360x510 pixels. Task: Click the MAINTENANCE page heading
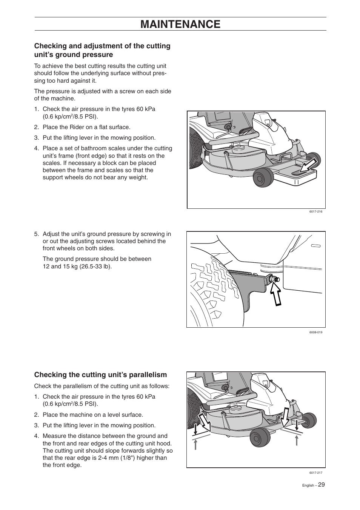(x=180, y=24)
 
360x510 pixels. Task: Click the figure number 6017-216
(x=315, y=212)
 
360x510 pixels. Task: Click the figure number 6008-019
(x=315, y=333)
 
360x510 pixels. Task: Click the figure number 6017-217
(x=315, y=473)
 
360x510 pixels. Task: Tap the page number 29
(x=321, y=485)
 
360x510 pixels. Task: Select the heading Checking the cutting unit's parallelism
(x=100, y=374)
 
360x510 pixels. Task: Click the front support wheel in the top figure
(x=263, y=177)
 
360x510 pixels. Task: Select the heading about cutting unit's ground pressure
(x=102, y=50)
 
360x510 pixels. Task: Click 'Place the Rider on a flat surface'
(x=86, y=127)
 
